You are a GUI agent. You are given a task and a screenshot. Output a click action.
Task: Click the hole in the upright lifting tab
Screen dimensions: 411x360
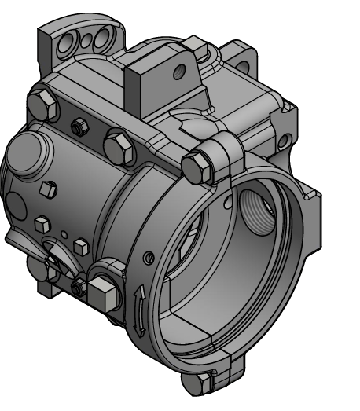(x=179, y=72)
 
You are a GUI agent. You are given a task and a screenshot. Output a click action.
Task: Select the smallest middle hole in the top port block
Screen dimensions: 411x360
(x=88, y=38)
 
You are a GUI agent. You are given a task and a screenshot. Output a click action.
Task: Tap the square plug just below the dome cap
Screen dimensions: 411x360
(x=48, y=189)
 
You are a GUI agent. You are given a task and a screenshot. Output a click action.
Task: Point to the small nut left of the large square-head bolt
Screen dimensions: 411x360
(x=78, y=288)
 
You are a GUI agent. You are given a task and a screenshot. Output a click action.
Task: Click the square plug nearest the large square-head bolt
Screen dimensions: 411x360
(x=79, y=246)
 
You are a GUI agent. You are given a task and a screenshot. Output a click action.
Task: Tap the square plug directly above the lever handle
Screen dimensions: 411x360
(x=41, y=226)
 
